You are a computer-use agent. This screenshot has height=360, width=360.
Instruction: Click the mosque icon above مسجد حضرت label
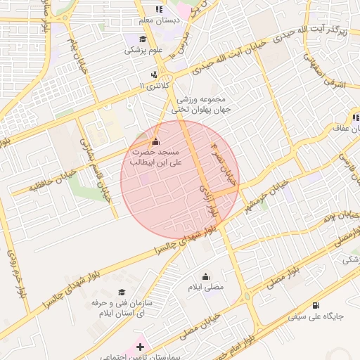[156, 140]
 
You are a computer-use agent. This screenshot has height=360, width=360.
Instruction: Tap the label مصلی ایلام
[205, 287]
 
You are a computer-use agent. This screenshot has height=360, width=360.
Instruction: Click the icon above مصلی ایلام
[205, 276]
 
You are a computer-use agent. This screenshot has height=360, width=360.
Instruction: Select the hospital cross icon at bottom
[140, 347]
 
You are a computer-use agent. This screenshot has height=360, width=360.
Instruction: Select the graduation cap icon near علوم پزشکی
[133, 39]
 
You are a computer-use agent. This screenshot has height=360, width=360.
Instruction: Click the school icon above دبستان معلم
[159, 10]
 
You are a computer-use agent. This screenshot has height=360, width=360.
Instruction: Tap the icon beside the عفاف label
[356, 117]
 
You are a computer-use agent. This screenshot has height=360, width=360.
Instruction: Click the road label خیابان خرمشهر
[266, 196]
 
